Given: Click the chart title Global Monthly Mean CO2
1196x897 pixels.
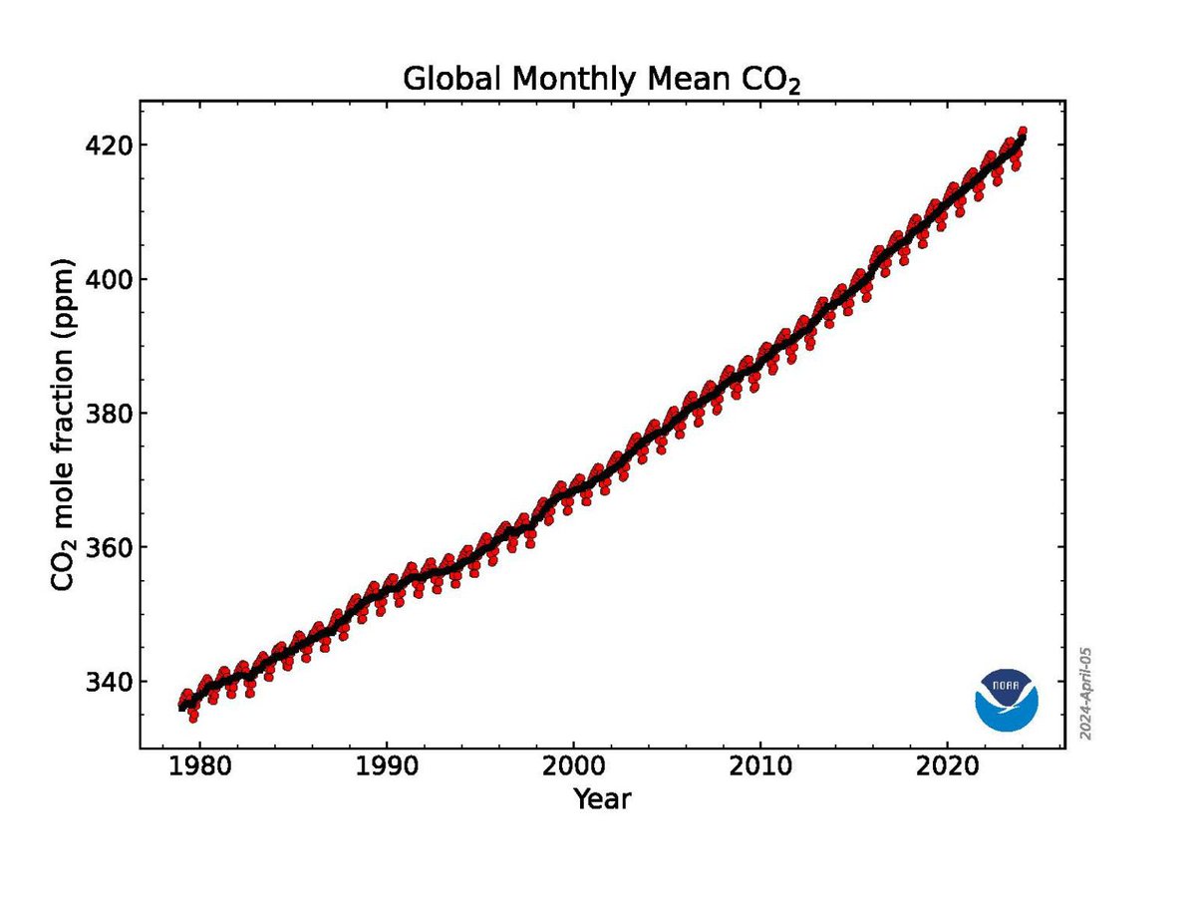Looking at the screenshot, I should [x=602, y=80].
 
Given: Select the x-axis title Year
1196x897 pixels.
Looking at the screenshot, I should [x=602, y=798].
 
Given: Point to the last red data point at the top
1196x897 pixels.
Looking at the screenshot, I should [x=1022, y=132].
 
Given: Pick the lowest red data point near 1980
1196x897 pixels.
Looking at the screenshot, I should [x=192, y=718].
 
